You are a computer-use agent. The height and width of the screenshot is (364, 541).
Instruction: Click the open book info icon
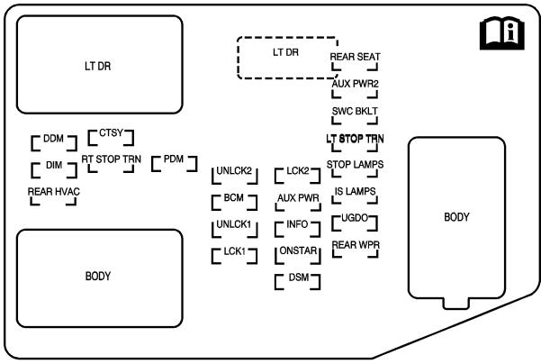coord(502,33)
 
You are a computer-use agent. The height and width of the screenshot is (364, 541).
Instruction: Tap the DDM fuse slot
coord(54,142)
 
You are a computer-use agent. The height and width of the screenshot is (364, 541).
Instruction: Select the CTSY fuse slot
coord(111,137)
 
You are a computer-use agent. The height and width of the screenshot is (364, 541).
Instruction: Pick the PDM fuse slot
coord(175,163)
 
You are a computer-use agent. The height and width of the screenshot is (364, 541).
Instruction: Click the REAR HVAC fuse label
coord(53,192)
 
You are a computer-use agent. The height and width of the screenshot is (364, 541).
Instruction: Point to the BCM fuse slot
coord(234,202)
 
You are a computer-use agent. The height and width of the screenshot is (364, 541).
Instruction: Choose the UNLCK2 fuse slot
coord(235,176)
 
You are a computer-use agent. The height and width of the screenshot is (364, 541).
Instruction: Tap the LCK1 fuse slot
coord(234,256)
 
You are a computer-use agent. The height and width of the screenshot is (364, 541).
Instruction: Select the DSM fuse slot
coord(298,282)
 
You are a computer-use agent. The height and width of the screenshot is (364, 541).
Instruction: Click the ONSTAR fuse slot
coord(298,255)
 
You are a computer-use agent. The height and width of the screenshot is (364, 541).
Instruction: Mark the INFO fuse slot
coord(297,229)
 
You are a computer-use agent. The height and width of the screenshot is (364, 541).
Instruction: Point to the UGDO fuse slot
coord(355,223)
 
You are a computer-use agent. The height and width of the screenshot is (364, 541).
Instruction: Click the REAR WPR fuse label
coord(356,245)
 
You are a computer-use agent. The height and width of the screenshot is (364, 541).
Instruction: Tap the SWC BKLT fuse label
coord(355,111)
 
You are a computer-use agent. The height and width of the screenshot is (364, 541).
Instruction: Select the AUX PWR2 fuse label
coord(355,84)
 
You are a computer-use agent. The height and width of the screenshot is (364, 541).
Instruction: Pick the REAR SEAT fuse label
coord(355,57)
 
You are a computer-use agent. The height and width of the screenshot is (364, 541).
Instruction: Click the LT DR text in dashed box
coord(285,52)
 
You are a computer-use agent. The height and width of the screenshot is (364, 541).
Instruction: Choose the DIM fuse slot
coord(54,169)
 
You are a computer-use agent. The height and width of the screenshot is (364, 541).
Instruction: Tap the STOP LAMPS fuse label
coord(355,164)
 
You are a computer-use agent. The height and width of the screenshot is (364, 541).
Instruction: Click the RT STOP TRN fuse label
coord(111,159)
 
